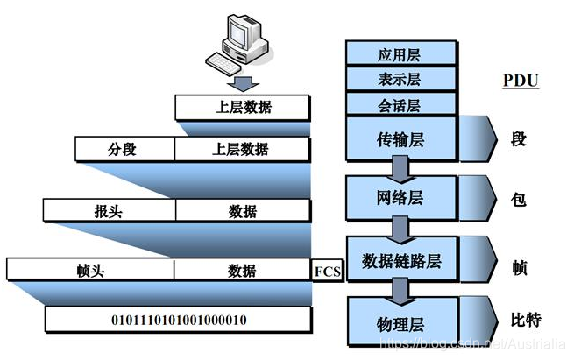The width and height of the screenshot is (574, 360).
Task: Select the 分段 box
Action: (124, 150)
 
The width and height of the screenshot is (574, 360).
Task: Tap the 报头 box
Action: (109, 211)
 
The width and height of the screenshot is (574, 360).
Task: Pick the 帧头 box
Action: (91, 271)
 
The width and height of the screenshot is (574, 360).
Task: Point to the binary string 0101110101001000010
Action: (179, 320)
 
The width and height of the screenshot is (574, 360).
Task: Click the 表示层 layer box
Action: (402, 81)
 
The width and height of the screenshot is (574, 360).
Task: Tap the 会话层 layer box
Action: (402, 106)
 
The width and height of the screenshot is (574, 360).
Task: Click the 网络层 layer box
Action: (402, 198)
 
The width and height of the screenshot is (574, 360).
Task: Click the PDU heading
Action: (520, 81)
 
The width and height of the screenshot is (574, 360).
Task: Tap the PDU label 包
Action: (518, 200)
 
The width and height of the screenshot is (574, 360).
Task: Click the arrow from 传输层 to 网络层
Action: (402, 167)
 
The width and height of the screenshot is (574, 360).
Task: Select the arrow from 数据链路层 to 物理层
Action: (402, 287)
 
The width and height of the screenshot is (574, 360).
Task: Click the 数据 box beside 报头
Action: (242, 211)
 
